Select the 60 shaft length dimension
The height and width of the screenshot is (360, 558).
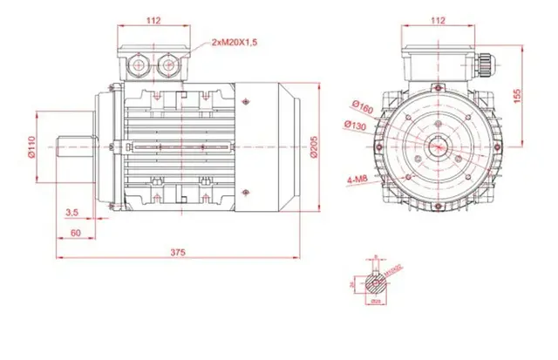pyautogui.click(x=76, y=232)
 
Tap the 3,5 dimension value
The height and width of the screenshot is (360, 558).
pyautogui.click(x=73, y=212)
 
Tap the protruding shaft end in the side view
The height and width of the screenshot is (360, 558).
pyautogui.click(x=75, y=147)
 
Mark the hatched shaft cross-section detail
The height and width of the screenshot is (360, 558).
pyautogui.click(x=376, y=282)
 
